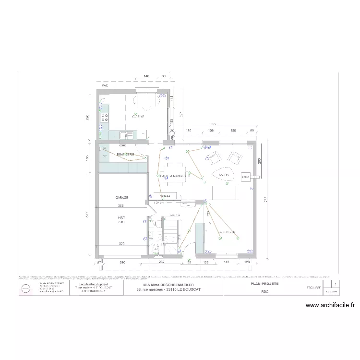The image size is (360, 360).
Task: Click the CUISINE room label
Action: pos(139,117)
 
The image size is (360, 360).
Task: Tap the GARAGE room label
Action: pos(121,197)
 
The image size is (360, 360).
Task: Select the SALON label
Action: pos(224,175)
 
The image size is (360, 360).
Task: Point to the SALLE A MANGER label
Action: pos(168,176)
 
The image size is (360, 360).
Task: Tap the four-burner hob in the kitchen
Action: pos(104,117)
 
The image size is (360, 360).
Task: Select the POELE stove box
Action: pos(246,177)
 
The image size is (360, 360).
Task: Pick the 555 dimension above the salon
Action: pos(213,124)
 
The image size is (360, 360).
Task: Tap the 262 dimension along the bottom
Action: pos(162,262)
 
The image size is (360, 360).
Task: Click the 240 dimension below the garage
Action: pos(122,262)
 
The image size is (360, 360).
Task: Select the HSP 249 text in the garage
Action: pos(121,220)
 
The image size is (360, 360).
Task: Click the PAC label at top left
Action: pos(104,85)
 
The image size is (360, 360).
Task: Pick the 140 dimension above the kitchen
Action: pos(147,76)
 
